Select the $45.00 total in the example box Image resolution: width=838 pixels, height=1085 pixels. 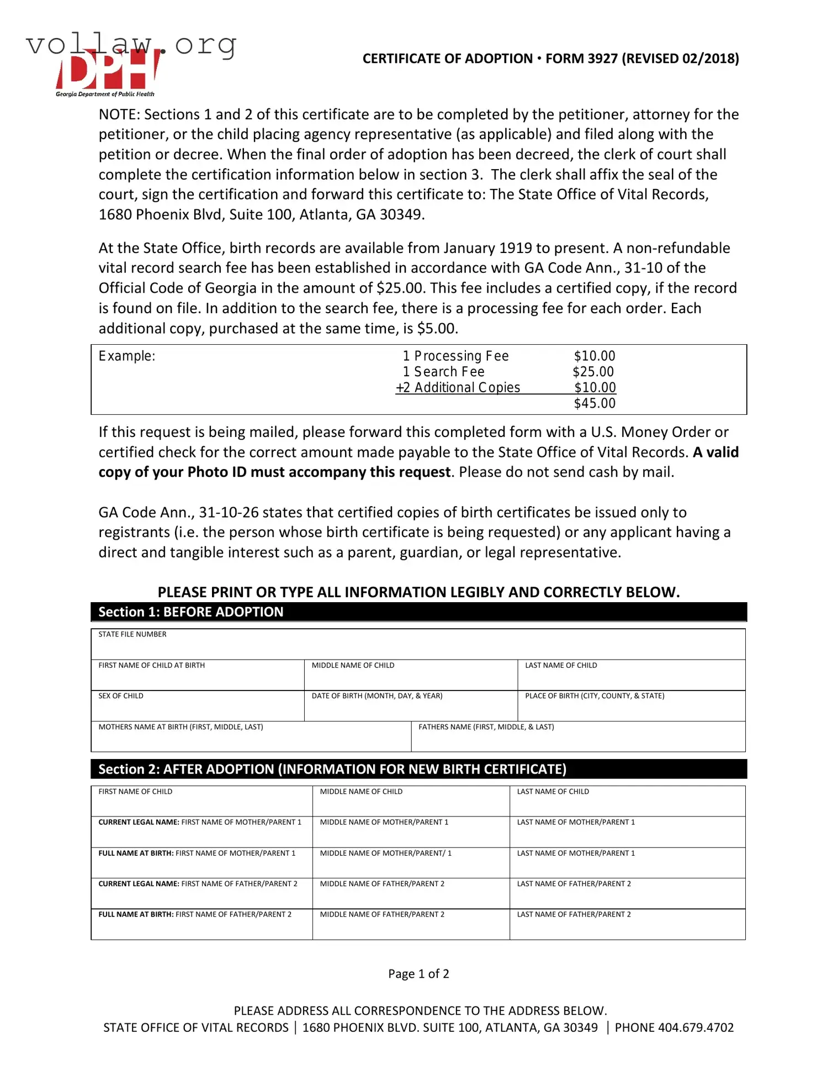click(x=594, y=403)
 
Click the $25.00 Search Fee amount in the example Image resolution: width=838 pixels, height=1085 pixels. click(x=593, y=372)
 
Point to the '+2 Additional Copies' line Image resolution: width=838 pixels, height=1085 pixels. click(x=458, y=388)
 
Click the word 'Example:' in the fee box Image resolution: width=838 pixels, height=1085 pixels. click(x=127, y=356)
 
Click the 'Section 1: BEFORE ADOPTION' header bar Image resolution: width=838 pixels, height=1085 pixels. click(x=418, y=612)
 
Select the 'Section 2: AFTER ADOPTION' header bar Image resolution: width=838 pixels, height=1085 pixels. click(x=418, y=769)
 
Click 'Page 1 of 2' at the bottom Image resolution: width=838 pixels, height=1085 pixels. click(x=418, y=973)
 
